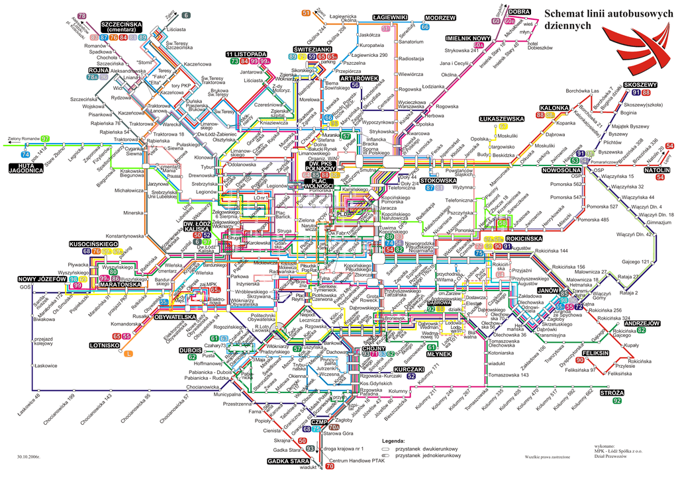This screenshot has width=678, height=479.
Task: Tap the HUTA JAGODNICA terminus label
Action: [26, 167]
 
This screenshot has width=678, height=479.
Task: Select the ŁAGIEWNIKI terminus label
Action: [389, 17]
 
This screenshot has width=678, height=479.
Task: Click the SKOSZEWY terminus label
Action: [640, 85]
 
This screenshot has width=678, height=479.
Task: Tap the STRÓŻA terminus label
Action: [612, 392]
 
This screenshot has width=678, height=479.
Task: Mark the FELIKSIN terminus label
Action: [596, 355]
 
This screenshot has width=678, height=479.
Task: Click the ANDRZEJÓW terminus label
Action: [642, 323]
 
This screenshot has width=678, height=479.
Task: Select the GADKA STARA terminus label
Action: [289, 460]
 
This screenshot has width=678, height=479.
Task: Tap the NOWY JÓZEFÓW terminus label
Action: [39, 279]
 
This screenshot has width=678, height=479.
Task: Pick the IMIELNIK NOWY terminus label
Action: [467, 38]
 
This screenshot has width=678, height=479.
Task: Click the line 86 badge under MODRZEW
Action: [425, 26]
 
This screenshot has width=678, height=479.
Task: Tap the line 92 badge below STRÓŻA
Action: [617, 400]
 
